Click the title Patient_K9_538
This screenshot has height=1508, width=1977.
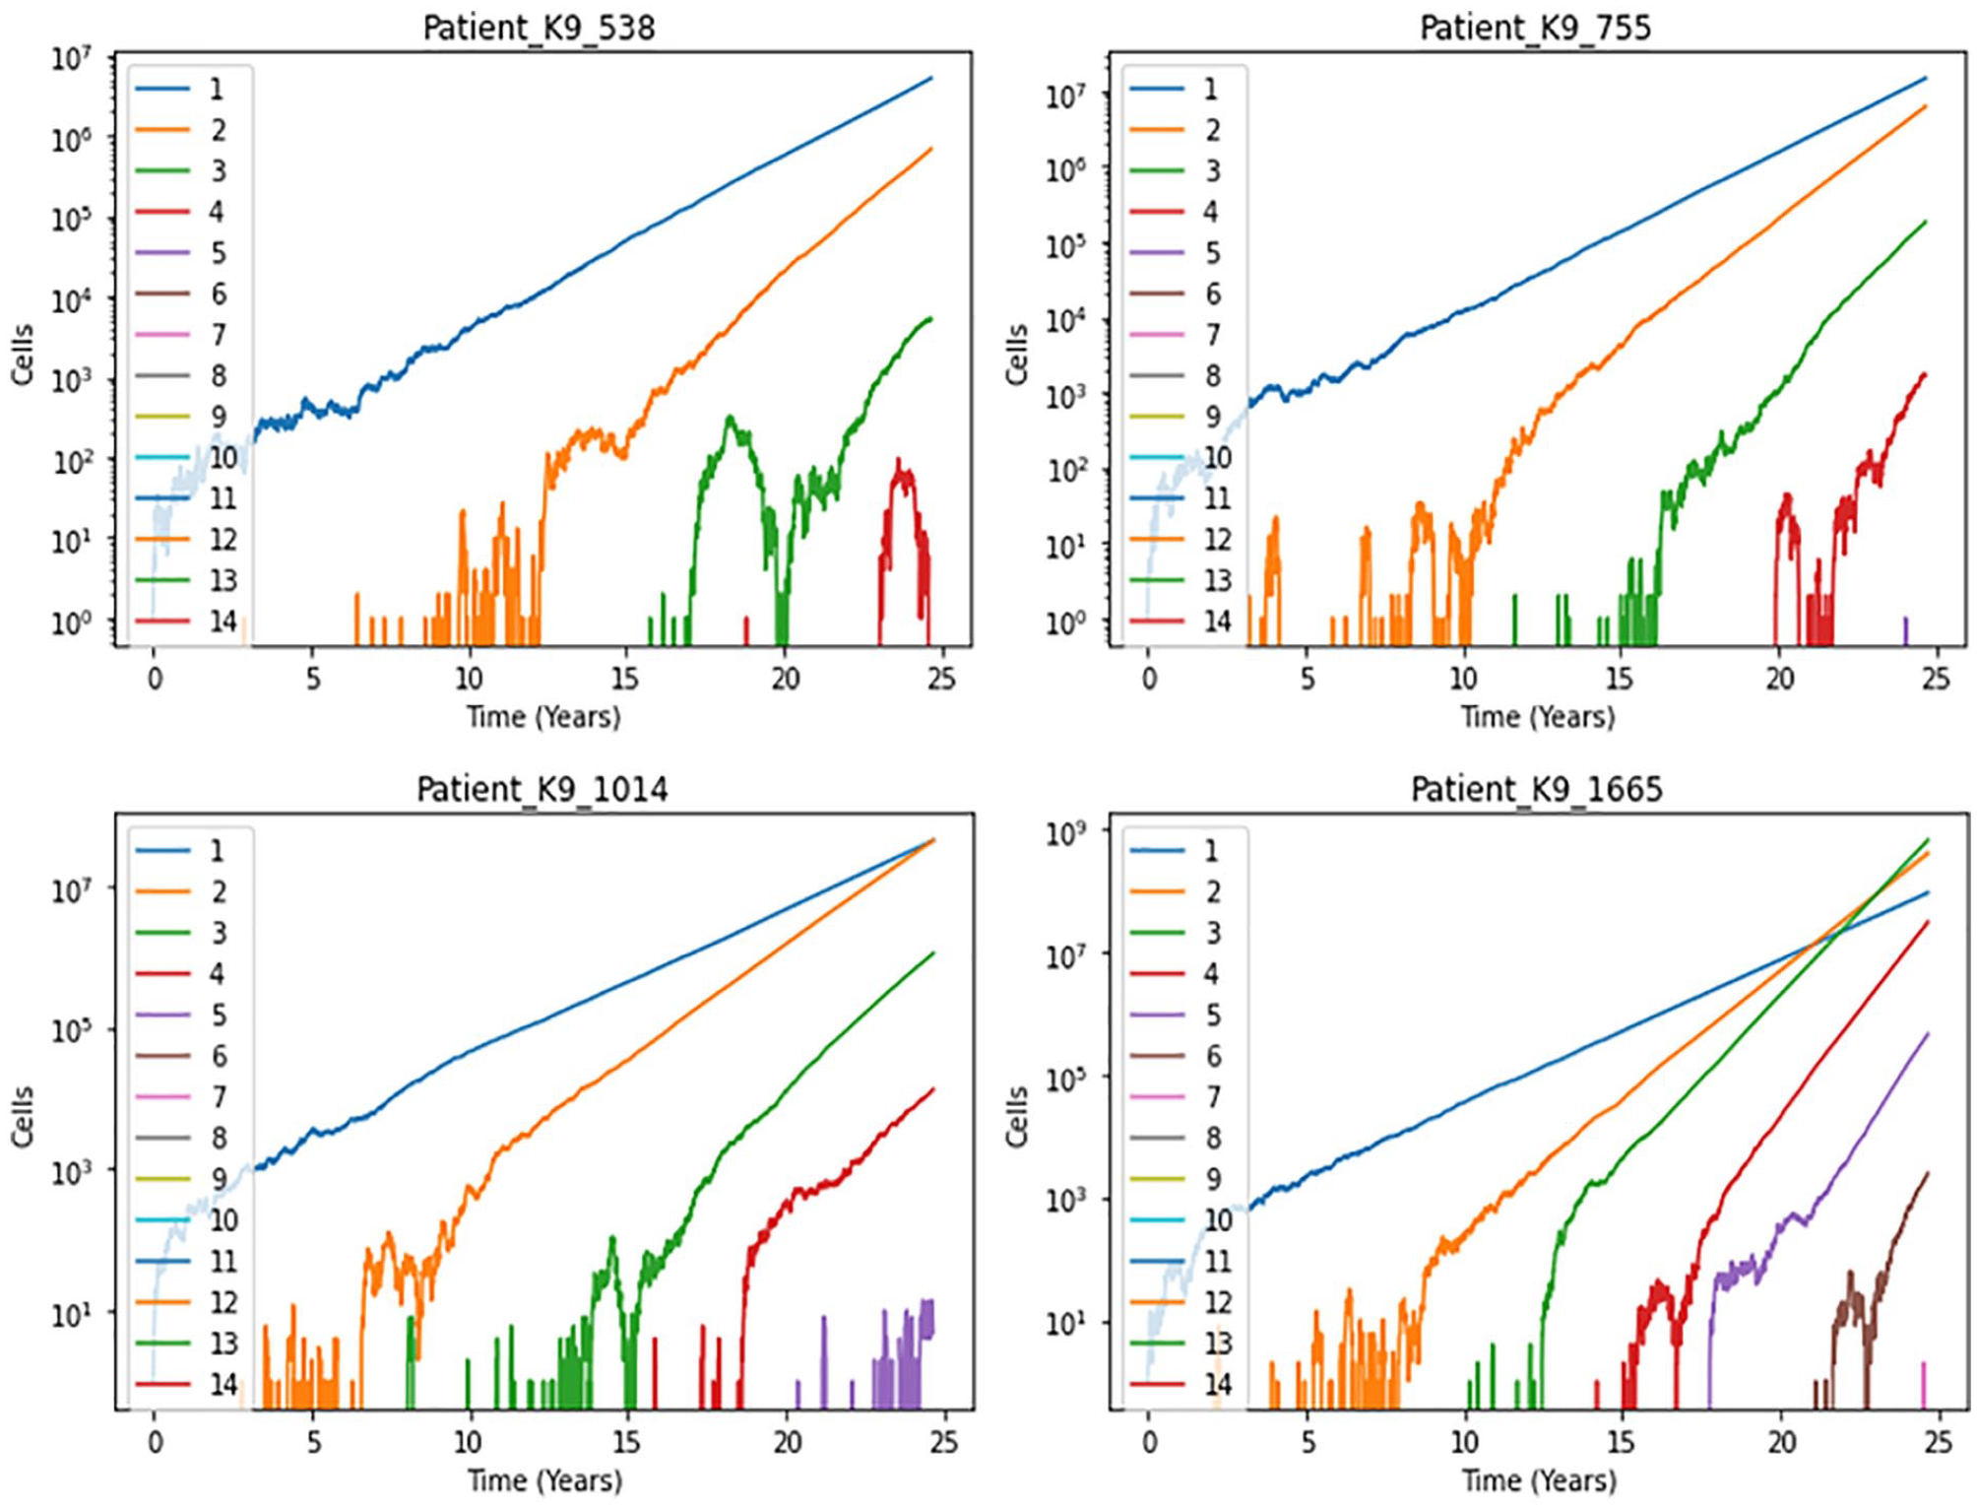click(x=539, y=28)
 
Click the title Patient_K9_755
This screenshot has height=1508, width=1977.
click(x=1535, y=28)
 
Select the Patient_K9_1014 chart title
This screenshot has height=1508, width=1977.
click(x=542, y=789)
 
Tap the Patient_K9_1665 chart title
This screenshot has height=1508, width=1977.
click(x=1536, y=789)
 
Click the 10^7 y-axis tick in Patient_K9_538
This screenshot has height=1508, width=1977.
click(x=71, y=59)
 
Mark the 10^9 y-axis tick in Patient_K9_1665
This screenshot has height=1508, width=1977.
click(x=1065, y=833)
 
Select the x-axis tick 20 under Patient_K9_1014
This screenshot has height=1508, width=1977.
click(x=787, y=1442)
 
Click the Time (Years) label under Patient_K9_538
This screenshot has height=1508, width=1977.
click(x=543, y=716)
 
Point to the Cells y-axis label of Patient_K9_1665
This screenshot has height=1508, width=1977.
click(x=1016, y=1117)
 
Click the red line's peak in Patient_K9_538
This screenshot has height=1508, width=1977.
click(x=898, y=460)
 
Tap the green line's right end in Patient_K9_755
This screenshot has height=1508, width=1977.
click(x=1925, y=222)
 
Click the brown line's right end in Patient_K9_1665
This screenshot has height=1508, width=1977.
click(x=1927, y=1172)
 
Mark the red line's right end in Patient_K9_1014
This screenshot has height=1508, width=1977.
click(x=933, y=1088)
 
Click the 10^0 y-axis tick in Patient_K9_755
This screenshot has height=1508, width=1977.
click(x=1065, y=623)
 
